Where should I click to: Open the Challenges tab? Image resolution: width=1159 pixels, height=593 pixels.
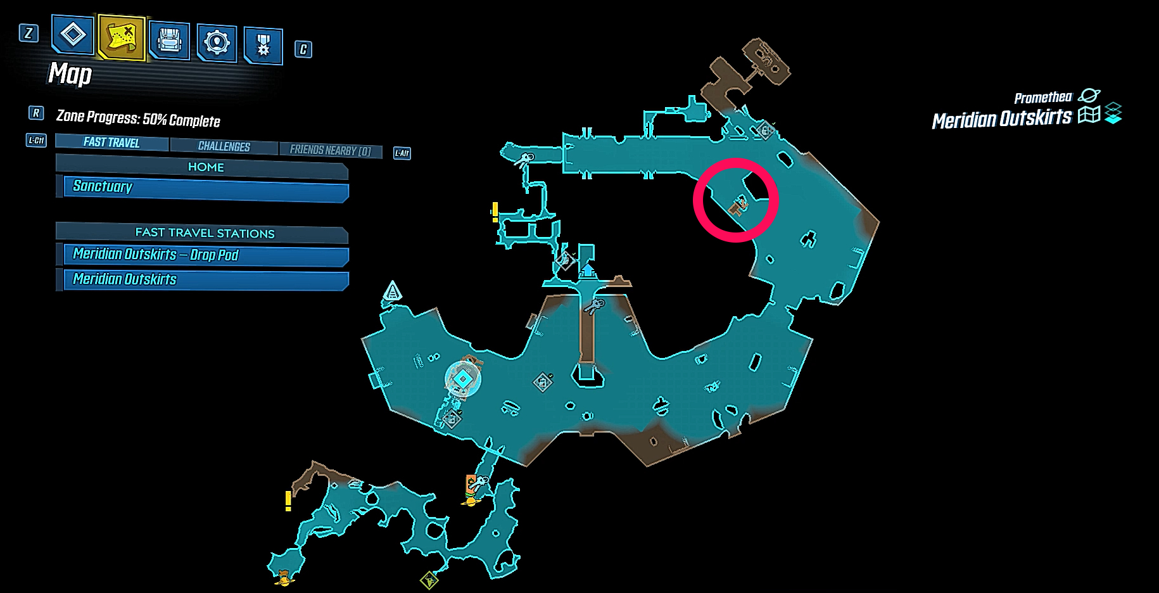click(x=224, y=146)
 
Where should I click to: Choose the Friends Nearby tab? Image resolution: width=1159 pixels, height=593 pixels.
click(x=330, y=150)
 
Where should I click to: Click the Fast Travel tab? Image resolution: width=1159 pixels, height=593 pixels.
click(x=111, y=143)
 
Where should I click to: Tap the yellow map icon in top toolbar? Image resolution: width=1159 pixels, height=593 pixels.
click(x=121, y=37)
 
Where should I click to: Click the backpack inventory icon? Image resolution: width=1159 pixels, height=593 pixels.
click(x=169, y=41)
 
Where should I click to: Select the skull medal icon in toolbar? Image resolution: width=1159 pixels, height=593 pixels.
click(x=263, y=45)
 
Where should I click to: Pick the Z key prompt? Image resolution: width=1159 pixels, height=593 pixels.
click(x=28, y=33)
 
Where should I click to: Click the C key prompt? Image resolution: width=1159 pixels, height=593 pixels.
click(x=303, y=49)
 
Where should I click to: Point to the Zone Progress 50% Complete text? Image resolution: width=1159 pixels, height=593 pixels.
click(x=138, y=118)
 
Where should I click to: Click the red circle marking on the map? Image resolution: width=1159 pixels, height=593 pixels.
click(x=735, y=200)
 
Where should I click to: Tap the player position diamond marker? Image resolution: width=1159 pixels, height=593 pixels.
click(x=463, y=379)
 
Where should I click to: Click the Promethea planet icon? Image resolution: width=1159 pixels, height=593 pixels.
click(x=1089, y=96)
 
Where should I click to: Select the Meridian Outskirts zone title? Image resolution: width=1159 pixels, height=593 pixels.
click(x=1001, y=118)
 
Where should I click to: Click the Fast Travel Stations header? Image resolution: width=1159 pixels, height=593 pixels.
click(x=204, y=233)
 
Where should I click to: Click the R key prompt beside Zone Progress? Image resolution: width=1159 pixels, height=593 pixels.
click(x=36, y=113)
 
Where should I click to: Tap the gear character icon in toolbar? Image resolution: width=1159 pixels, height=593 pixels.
click(x=217, y=42)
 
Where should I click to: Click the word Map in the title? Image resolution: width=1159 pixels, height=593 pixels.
click(x=70, y=74)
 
